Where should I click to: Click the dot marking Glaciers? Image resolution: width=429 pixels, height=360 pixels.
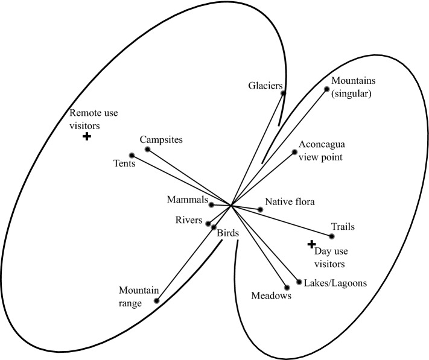[x=284, y=92]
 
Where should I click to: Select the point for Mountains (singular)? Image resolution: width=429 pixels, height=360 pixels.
[x=327, y=89]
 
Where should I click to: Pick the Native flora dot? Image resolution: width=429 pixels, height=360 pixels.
[x=260, y=209]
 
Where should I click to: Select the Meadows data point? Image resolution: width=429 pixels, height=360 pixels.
[x=286, y=287]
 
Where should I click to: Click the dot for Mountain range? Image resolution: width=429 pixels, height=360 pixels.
[x=156, y=300]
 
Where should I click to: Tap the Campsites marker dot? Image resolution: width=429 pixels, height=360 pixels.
[x=147, y=149]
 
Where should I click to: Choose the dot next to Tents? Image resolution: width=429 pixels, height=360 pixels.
[x=132, y=156]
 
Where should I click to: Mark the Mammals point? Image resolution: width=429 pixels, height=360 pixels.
[x=211, y=204]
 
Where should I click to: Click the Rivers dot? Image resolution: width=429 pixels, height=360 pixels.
[x=208, y=223]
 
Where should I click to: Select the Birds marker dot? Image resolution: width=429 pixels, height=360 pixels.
[x=213, y=227]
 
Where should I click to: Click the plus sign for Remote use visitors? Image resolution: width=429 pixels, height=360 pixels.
[x=86, y=137]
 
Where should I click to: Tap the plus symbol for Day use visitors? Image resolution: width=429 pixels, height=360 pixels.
[x=311, y=244]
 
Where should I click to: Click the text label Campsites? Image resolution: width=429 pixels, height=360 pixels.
[x=161, y=140]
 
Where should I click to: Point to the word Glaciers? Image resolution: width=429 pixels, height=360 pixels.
[x=265, y=86]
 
